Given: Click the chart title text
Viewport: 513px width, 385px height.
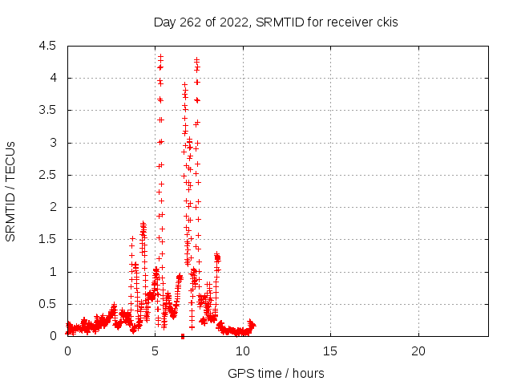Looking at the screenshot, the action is [276, 22].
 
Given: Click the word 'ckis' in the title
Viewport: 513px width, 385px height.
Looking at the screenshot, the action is [387, 22].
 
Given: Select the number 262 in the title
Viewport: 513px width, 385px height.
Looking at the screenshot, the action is [191, 22].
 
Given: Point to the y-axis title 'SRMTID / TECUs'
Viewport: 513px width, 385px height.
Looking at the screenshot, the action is [10, 192].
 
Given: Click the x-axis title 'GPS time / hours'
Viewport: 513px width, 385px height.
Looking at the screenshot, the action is [276, 373].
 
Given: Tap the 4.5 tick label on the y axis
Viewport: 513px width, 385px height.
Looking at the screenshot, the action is [47, 46].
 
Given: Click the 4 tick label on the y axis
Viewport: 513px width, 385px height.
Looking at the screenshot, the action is [53, 78].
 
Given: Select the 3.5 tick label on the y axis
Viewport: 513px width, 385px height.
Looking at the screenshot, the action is [47, 111].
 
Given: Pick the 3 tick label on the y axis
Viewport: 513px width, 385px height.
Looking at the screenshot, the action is [53, 143].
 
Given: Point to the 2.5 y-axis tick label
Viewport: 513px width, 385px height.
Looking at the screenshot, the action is [47, 175].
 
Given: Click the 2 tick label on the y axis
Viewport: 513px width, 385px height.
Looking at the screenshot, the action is [53, 207].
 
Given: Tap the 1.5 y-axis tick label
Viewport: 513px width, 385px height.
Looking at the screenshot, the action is [47, 239].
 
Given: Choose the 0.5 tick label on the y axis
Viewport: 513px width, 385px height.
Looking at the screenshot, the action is [47, 304].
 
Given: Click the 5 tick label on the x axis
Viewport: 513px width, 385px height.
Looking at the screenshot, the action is [155, 351].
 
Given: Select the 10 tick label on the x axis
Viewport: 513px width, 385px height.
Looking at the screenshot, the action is [243, 351].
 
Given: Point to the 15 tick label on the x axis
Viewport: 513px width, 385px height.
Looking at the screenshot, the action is [330, 351].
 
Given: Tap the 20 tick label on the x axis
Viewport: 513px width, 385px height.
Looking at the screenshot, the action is [418, 351].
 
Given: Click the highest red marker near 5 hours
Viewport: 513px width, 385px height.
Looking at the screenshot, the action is [160, 57].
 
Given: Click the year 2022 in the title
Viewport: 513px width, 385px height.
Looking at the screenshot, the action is [234, 22].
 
